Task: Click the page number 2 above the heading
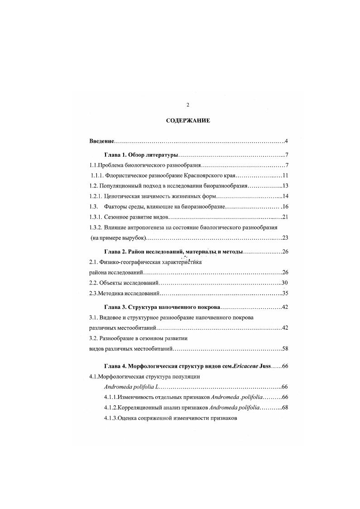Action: click(187, 105)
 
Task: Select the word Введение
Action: click(101, 141)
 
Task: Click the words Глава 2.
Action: click(115, 251)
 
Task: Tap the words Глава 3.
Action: click(115, 307)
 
